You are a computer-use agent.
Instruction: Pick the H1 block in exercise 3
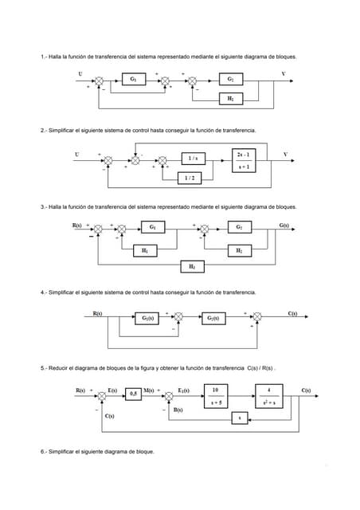(144, 249)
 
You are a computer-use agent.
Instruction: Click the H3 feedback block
(190, 265)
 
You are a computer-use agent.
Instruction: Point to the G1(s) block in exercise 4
(147, 318)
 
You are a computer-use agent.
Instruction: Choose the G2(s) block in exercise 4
(213, 318)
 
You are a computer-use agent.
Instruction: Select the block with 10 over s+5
(216, 395)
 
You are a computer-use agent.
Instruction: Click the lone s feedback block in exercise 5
(240, 418)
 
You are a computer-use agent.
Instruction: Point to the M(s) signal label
(149, 389)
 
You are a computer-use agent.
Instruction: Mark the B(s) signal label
(179, 410)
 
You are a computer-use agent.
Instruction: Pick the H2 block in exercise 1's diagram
(230, 98)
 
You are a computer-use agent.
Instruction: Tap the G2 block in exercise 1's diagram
(230, 80)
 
